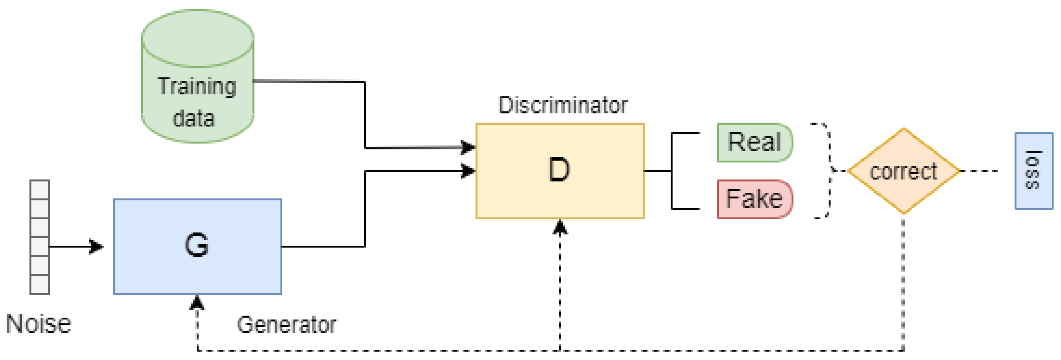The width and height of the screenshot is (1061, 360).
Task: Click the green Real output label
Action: coord(754,142)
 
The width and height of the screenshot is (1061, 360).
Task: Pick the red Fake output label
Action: coord(754,199)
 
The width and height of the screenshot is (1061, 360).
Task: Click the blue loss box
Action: coord(1033,171)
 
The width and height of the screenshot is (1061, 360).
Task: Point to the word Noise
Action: coord(38,323)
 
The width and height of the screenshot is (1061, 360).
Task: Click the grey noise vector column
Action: coord(40,237)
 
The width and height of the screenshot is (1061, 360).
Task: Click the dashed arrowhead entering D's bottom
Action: coord(560,227)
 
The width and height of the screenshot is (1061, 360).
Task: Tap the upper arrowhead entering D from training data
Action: coord(468,147)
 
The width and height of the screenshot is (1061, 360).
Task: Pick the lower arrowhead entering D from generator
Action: coord(468,171)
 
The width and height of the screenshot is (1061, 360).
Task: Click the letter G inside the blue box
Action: coord(196,245)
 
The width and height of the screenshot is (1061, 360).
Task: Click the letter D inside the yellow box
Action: coord(559,170)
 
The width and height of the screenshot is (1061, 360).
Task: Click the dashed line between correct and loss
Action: coord(980,171)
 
